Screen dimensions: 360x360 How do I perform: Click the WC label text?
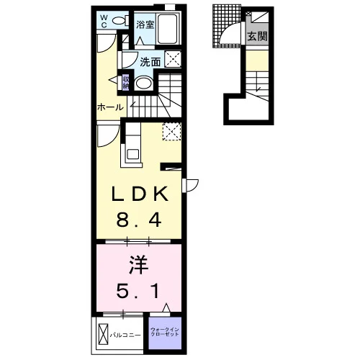tap(104, 21)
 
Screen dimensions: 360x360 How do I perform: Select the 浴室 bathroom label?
tap(145, 24)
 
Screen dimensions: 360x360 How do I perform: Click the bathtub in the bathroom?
tap(168, 28)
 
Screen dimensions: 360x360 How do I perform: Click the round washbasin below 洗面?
tap(143, 84)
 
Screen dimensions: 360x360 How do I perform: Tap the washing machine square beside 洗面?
tap(173, 59)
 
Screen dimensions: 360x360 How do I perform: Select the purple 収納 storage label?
tap(126, 83)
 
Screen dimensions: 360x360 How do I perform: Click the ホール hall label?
tap(110, 107)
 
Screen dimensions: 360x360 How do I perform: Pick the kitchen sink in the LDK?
tap(132, 153)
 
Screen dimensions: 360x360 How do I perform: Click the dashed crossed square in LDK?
tap(171, 131)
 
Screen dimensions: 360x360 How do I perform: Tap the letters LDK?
tap(140, 194)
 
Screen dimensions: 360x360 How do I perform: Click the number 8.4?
tap(139, 220)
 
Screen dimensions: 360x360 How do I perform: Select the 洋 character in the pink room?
tap(138, 265)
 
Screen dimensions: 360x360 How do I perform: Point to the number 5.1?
tap(138, 291)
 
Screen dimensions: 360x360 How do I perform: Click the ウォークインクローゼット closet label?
tap(165, 332)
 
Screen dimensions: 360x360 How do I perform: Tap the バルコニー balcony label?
tap(125, 335)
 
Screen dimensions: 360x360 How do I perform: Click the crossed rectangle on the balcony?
tap(104, 334)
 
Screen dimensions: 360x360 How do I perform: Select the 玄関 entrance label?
tap(257, 37)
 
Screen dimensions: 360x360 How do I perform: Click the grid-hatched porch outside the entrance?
tap(226, 27)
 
